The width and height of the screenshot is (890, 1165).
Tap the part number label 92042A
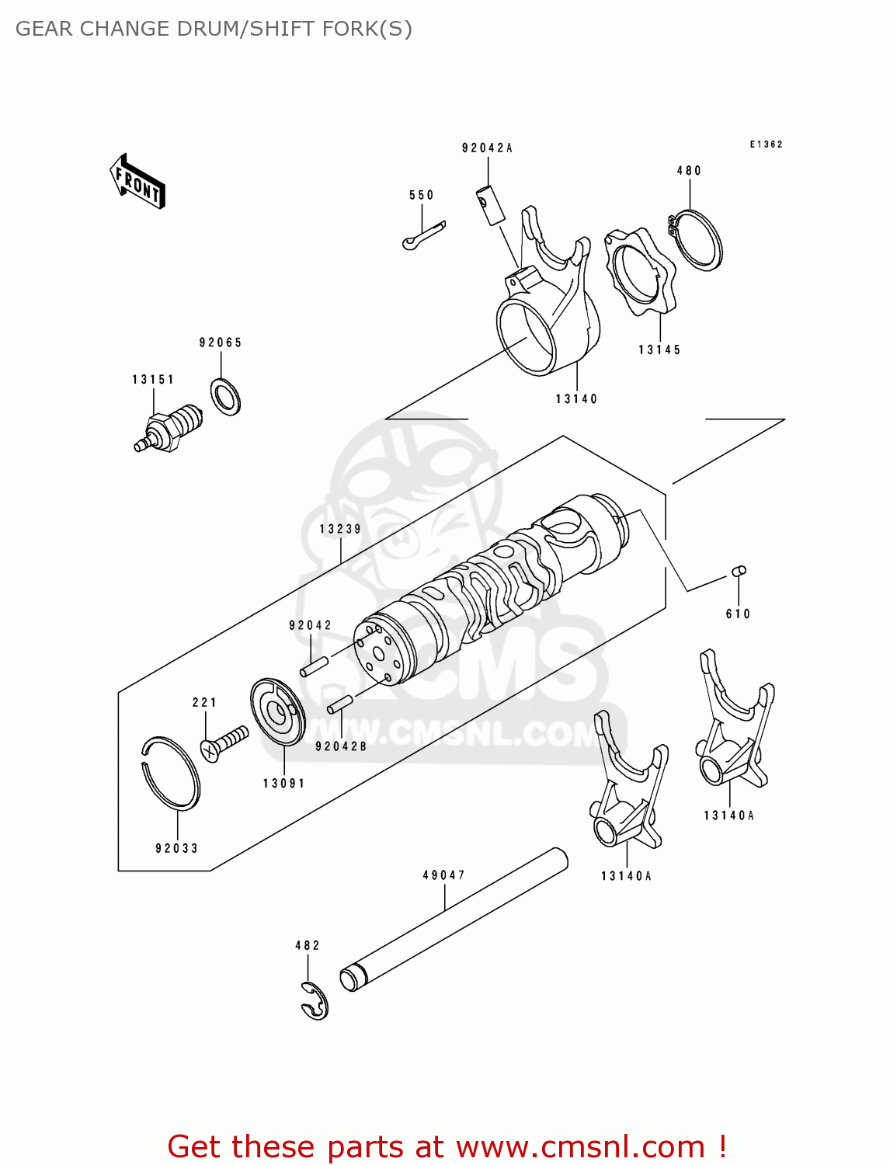pyautogui.click(x=487, y=148)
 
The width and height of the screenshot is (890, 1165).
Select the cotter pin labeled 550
pyautogui.click(x=424, y=235)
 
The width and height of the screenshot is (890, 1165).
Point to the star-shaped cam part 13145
pyautogui.click(x=640, y=272)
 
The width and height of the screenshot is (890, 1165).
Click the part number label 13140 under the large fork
pyautogui.click(x=576, y=399)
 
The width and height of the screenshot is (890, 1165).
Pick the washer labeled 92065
pyautogui.click(x=225, y=396)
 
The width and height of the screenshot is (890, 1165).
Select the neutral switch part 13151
pyautogui.click(x=170, y=429)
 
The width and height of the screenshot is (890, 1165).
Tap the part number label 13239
pyautogui.click(x=340, y=529)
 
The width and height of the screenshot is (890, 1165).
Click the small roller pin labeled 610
pyautogui.click(x=739, y=571)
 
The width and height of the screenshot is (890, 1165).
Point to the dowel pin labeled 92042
pyautogui.click(x=315, y=666)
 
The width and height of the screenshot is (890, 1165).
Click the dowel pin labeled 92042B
pyautogui.click(x=340, y=703)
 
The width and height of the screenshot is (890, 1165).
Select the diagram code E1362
pyautogui.click(x=766, y=144)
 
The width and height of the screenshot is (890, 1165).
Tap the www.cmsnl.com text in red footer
pyautogui.click(x=580, y=1146)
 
